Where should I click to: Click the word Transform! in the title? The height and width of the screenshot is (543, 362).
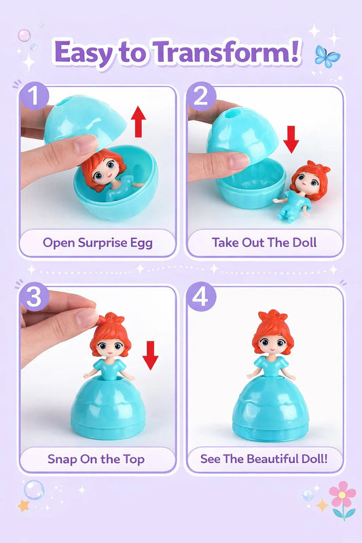point(227,53)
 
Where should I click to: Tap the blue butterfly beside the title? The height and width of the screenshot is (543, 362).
point(327,56)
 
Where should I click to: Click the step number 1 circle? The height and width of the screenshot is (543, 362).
point(34,96)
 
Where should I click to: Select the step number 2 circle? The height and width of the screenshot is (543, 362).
point(201,96)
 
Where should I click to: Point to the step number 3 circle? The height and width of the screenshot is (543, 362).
point(34,297)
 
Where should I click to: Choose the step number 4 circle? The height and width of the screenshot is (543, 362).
point(201,297)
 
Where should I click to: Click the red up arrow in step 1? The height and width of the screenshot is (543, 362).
point(139,121)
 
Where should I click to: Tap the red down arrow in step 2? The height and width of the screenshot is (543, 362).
point(291,139)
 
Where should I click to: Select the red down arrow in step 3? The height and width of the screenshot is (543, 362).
point(150,355)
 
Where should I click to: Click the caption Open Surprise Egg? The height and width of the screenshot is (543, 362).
point(98,242)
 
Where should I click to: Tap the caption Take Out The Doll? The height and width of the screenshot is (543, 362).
point(264,242)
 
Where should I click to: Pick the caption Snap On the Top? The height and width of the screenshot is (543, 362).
point(96,460)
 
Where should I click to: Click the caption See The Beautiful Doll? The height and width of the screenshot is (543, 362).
point(264,459)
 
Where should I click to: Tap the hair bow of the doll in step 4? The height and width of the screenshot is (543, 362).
point(273,316)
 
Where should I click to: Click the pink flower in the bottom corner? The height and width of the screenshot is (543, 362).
point(342,494)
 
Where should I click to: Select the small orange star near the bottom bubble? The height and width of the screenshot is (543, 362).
point(23,506)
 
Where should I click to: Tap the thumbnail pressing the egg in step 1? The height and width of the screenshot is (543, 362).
point(86,144)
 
